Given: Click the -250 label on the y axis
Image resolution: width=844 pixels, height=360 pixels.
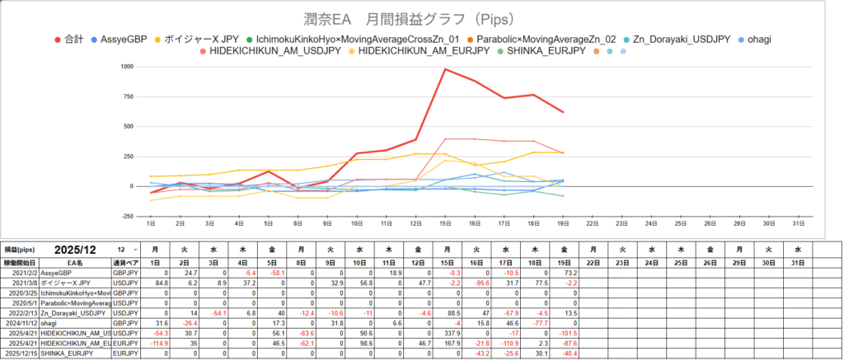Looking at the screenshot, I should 125,216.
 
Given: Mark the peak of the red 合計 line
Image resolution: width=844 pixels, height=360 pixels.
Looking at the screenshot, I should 445,69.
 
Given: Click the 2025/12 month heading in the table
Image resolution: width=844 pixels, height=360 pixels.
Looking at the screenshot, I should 75,248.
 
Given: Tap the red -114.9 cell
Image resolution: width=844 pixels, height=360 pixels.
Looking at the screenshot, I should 154,343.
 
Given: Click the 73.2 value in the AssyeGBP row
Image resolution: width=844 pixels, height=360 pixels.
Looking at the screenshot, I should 564,272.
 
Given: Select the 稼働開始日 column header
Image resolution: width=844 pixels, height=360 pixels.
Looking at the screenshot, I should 20,260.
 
